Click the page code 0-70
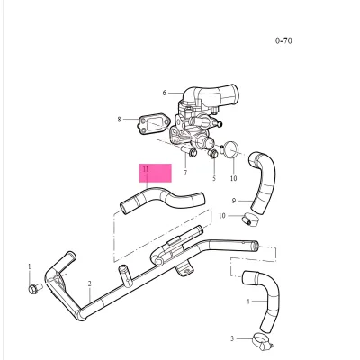[284, 40]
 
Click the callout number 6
[165, 93]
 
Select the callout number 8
[119, 119]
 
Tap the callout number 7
[184, 173]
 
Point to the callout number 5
[214, 178]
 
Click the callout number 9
[234, 200]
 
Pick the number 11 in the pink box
[144, 168]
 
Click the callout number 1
[29, 266]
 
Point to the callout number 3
[231, 338]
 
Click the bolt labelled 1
[34, 289]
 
